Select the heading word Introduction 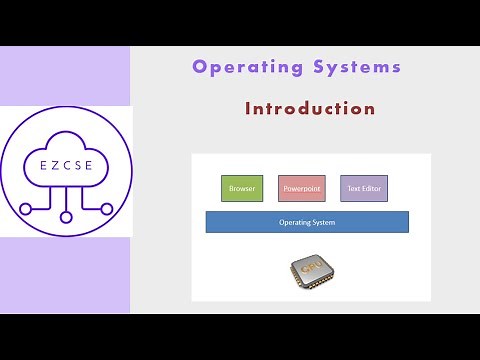point(310,108)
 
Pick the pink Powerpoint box point(301,187)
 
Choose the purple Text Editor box point(362,187)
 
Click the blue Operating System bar point(307,222)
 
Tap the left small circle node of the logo point(24,210)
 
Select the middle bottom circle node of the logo point(66,215)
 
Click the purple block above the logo point(65,75)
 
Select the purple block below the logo point(65,275)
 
